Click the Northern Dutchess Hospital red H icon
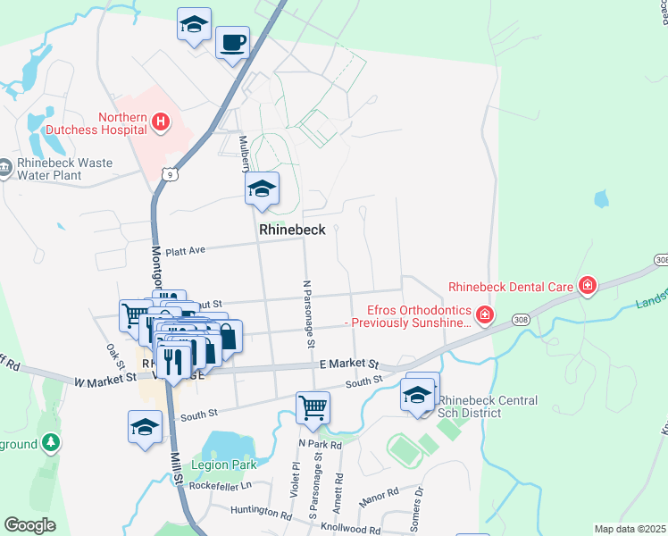click(161, 122)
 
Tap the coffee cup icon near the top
click(232, 42)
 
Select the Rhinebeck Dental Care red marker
click(588, 286)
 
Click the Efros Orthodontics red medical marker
click(484, 314)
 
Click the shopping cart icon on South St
click(313, 407)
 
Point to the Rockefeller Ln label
click(218, 485)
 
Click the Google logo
click(30, 524)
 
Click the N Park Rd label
click(321, 444)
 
